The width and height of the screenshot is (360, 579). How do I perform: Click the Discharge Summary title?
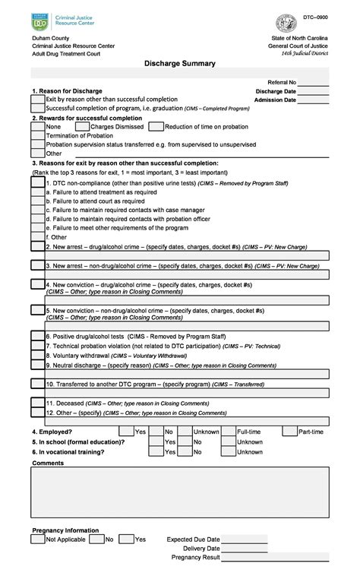(x=180, y=64)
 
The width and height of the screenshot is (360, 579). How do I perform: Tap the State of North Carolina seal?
(x=286, y=23)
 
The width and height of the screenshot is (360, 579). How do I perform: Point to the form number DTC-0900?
(x=316, y=16)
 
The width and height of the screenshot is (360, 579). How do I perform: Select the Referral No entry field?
(x=314, y=82)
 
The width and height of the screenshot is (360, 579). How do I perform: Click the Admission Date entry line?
(x=314, y=100)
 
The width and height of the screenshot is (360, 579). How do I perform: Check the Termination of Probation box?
(x=37, y=135)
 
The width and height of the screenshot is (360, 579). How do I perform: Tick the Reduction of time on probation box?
(x=156, y=127)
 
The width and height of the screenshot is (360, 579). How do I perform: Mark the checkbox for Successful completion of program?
(x=37, y=109)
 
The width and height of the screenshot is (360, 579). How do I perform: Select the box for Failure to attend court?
(x=37, y=201)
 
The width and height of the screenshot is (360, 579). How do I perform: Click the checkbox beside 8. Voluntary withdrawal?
(x=37, y=356)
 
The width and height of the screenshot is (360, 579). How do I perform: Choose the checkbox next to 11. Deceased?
(x=37, y=403)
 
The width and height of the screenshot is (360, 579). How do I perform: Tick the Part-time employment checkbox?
(x=289, y=432)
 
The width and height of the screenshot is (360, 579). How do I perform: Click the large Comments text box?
(x=180, y=492)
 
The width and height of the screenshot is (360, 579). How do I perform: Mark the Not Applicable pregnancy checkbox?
(x=37, y=539)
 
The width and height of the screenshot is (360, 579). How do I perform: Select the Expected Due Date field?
(x=245, y=539)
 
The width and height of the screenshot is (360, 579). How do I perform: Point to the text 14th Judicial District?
(x=305, y=54)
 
